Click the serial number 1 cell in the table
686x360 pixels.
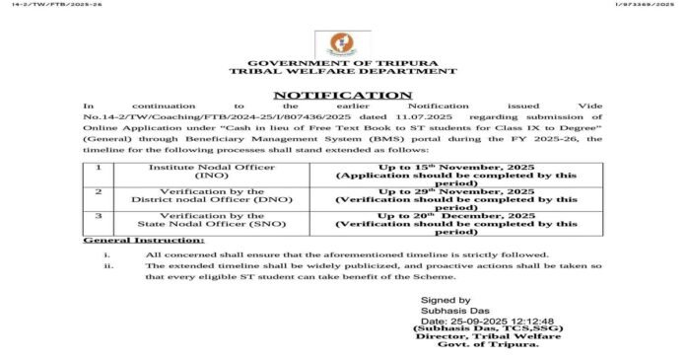(99, 168)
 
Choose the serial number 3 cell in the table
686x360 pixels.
(99, 216)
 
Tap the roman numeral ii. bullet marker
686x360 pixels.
(108, 266)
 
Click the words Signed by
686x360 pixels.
(446, 300)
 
